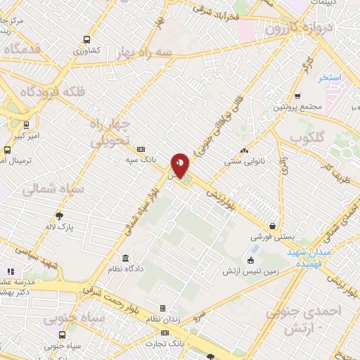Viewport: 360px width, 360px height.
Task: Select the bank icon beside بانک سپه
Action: click(x=141, y=150)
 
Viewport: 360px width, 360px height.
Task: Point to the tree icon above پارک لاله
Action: click(x=59, y=216)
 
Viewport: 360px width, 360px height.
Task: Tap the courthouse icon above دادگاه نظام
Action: click(x=125, y=258)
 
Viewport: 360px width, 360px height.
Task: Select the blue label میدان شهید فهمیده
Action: click(x=313, y=257)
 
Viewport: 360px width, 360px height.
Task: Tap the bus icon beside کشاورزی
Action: click(x=86, y=40)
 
